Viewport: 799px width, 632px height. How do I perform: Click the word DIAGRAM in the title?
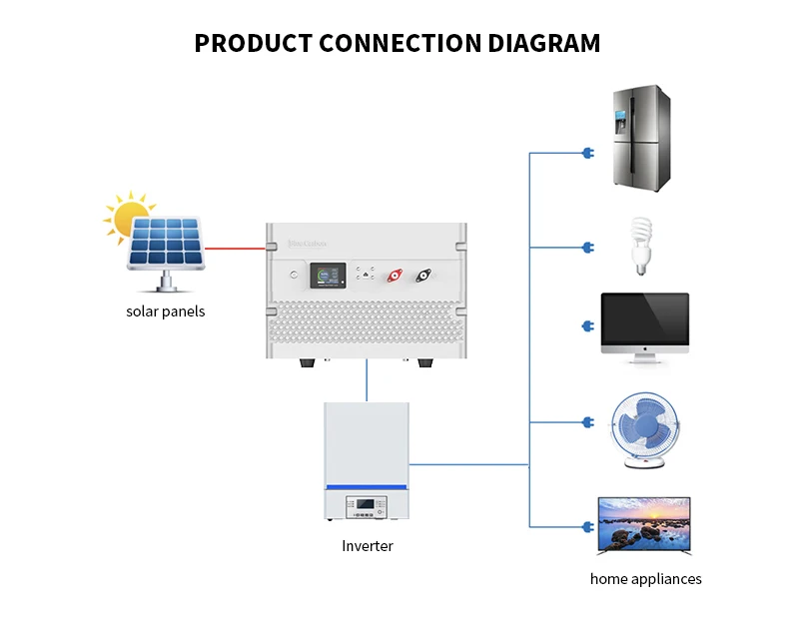[x=544, y=43]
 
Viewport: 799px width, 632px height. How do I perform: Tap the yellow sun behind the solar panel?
[x=129, y=217]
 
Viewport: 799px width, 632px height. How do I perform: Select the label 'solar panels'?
[x=165, y=311]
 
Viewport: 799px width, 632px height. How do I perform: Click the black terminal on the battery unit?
[x=423, y=274]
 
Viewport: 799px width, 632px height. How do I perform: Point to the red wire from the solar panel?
[x=235, y=250]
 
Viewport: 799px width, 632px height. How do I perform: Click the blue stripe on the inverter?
[x=367, y=486]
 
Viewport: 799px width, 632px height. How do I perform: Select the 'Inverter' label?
[x=367, y=546]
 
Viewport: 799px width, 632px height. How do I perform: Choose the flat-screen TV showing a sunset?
[x=644, y=525]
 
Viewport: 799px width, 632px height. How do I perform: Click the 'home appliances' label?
[x=645, y=579]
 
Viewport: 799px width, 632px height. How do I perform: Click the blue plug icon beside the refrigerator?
[x=587, y=153]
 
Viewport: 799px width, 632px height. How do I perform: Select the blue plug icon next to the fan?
[x=587, y=421]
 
